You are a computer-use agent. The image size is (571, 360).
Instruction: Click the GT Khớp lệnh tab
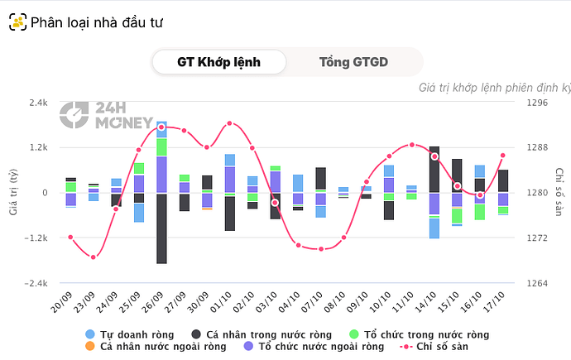pyautogui.click(x=218, y=62)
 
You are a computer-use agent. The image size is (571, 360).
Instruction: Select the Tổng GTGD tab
pyautogui.click(x=353, y=62)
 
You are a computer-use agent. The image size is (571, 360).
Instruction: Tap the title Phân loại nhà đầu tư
pyautogui.click(x=96, y=22)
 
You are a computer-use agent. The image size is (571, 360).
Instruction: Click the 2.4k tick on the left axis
pyautogui.click(x=38, y=103)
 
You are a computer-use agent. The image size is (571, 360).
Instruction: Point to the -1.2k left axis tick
pyautogui.click(x=36, y=238)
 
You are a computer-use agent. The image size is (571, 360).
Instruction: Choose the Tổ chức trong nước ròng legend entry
pyautogui.click(x=418, y=334)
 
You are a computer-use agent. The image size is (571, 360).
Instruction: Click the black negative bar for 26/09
pyautogui.click(x=161, y=228)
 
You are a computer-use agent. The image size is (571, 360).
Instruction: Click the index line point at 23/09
pyautogui.click(x=94, y=257)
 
